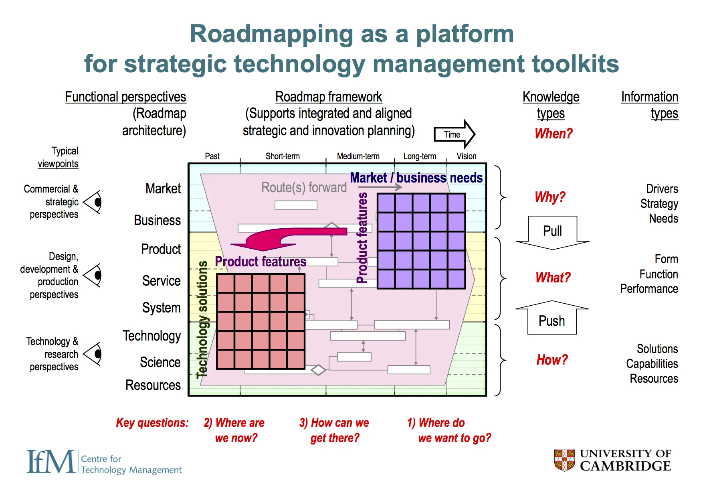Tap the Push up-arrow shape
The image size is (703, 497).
[552, 319]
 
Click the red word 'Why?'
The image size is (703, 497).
[550, 197]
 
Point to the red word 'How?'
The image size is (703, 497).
[552, 360]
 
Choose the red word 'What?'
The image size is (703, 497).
[553, 278]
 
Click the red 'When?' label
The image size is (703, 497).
[554, 134]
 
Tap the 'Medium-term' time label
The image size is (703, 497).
[358, 156]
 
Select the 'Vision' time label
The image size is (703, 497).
[466, 156]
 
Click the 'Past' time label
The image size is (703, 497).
[212, 156]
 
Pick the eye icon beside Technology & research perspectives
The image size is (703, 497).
[93, 354]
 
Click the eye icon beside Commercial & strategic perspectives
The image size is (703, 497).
[93, 202]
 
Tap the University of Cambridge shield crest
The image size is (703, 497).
[564, 460]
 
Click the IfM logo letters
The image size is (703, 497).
[51, 462]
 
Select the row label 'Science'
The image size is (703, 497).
[160, 362]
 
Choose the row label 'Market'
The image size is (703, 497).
[163, 189]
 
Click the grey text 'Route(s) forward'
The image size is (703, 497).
[304, 187]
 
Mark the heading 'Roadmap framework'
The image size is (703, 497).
[329, 97]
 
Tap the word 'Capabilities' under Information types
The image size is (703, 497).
[652, 364]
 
